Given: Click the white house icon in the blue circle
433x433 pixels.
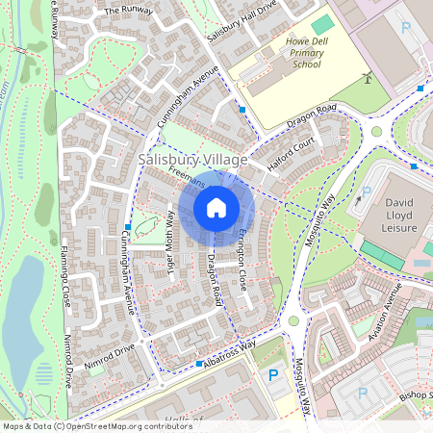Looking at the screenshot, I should coord(216,208).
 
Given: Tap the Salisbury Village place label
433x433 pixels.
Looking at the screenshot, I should coord(192,159).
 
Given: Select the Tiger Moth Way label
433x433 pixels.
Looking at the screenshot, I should coord(169,244).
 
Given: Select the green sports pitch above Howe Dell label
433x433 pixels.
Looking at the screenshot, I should coord(322,23).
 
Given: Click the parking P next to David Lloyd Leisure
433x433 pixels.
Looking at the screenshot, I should coord(366,192).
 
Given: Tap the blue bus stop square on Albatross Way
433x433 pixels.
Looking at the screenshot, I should coord(199,364).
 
